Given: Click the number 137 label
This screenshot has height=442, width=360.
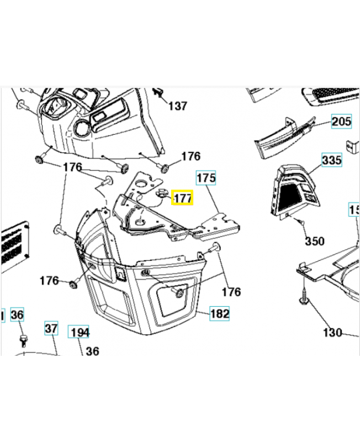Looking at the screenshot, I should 177,106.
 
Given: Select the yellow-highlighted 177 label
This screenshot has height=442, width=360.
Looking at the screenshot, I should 182,198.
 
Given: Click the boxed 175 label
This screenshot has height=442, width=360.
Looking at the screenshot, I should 206,178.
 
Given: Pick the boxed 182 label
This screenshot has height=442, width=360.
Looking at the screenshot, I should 220,313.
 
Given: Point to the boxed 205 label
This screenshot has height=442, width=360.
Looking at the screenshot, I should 341,122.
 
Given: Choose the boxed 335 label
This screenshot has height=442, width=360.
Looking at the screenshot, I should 331,161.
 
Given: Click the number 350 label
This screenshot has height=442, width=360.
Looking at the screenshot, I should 315,241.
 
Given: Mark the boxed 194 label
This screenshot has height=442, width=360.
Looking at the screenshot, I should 79,332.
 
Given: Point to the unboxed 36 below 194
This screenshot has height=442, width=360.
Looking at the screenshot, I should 92,350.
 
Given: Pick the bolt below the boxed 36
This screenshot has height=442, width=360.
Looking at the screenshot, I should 23,337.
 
